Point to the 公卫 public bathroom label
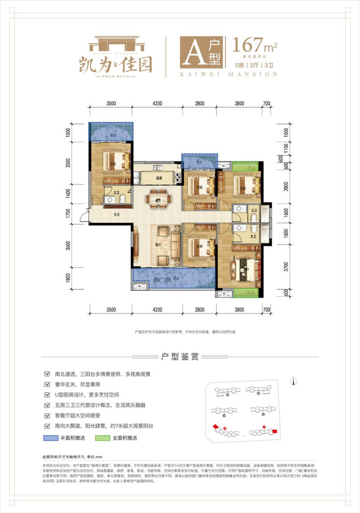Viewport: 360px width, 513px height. point(254,210)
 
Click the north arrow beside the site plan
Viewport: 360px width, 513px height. point(293,380)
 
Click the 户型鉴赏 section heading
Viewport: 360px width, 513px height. point(180,356)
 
